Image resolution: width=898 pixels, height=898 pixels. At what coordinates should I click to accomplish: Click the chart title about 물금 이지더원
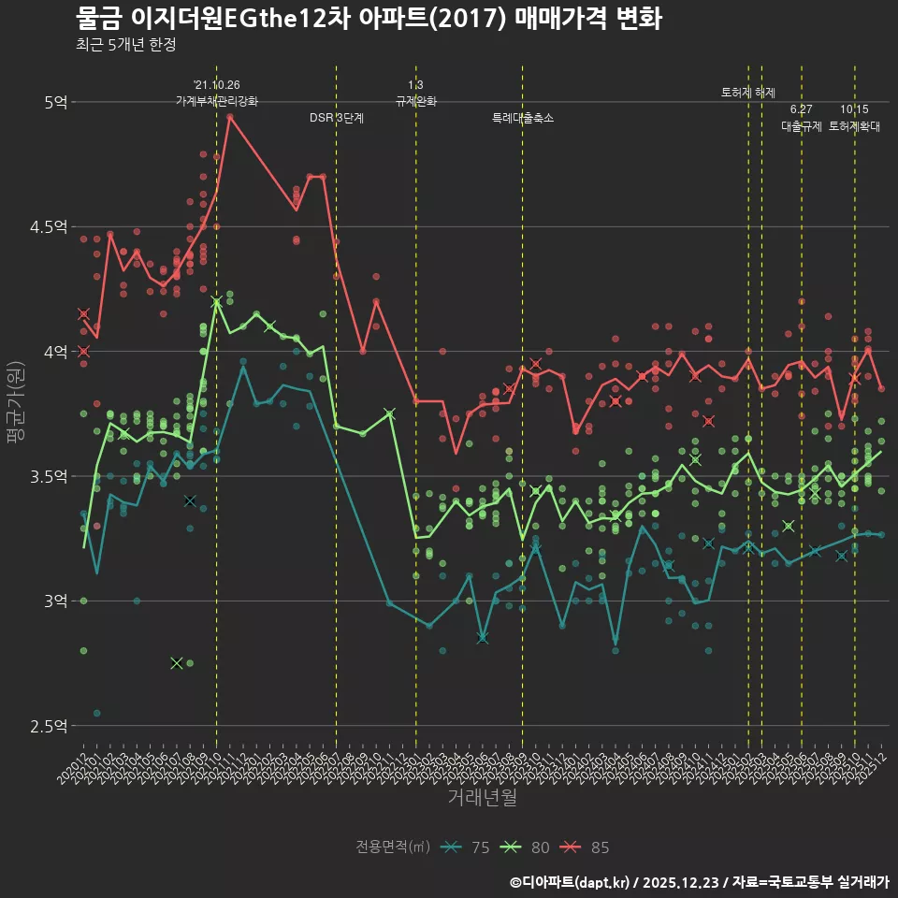369,19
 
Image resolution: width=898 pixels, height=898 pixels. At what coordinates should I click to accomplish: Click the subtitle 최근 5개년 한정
125,45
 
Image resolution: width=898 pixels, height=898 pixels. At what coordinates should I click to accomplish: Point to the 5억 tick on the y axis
55,101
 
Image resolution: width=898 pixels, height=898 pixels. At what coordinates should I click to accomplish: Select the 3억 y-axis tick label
55,601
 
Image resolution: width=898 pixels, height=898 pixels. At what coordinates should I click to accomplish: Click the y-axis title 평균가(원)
16,413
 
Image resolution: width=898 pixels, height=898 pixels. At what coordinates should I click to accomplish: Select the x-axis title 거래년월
482,798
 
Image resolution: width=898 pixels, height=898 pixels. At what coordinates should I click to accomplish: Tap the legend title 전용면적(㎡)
393,847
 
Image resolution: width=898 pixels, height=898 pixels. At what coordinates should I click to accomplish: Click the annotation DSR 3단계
337,118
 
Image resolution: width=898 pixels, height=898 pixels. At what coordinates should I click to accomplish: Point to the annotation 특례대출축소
523,118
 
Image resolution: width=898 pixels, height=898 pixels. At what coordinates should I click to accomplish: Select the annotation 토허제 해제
748,93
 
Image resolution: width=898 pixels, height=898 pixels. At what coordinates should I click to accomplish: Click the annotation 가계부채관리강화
216,101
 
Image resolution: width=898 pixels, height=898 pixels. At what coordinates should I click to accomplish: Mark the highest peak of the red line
229,116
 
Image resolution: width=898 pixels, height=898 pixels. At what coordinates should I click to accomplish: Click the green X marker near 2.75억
177,662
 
